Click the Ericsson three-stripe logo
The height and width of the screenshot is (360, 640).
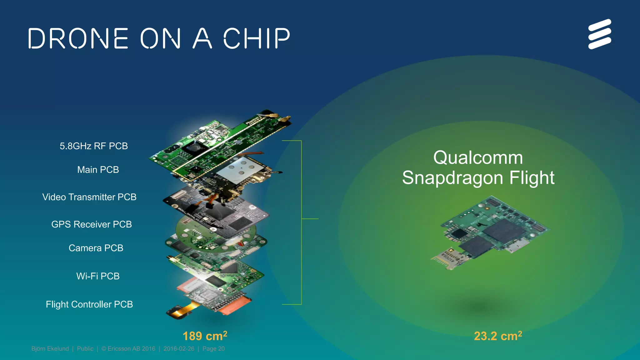(x=599, y=34)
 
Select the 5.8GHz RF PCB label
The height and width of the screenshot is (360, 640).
(x=94, y=146)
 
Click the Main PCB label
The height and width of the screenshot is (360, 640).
(x=98, y=170)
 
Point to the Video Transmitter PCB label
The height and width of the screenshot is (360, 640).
(x=89, y=197)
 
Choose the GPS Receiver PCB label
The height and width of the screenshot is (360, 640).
(x=91, y=224)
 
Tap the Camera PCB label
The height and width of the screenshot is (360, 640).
(x=96, y=248)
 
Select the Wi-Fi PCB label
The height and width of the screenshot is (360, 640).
(x=98, y=276)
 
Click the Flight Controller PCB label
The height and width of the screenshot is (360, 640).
(x=89, y=304)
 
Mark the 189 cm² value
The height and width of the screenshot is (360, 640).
(x=205, y=336)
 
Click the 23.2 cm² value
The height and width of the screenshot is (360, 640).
(x=498, y=336)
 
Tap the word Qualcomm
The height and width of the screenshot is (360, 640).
(x=478, y=157)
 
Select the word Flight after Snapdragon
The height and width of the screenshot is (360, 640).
(x=532, y=178)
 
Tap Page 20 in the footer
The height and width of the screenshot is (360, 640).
(x=213, y=349)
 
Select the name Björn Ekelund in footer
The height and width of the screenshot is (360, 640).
(x=50, y=349)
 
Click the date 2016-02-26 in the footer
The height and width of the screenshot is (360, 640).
(x=179, y=349)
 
